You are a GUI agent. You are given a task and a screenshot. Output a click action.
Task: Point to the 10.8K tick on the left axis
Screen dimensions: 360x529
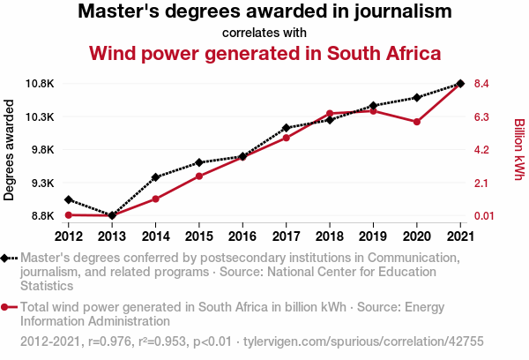coord(40,84)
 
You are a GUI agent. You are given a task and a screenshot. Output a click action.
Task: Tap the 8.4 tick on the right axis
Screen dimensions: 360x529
coord(488,84)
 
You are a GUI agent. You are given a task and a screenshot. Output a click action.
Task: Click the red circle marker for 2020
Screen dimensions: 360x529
coord(416,122)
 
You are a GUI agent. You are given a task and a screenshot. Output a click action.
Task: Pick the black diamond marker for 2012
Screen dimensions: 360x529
coord(68,199)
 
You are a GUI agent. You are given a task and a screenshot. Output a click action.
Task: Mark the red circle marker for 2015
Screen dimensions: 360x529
coord(199,176)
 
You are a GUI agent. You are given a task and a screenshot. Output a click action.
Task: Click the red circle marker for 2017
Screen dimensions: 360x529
coord(286,138)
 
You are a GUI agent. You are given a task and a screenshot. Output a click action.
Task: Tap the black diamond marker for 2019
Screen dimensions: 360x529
coord(373,106)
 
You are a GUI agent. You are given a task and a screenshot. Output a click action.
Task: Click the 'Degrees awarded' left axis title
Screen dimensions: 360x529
coord(10,150)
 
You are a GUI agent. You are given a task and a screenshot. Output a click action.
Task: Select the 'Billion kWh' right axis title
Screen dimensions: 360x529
coord(519,150)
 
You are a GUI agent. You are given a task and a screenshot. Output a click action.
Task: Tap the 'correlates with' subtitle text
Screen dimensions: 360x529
coord(264,33)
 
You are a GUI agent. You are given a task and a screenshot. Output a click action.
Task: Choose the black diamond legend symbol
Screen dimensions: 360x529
coord(6,259)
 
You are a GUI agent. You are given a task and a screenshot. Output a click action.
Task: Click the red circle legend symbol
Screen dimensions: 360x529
coord(6,307)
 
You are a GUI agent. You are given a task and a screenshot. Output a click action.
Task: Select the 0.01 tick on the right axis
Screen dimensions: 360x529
coord(488,215)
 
